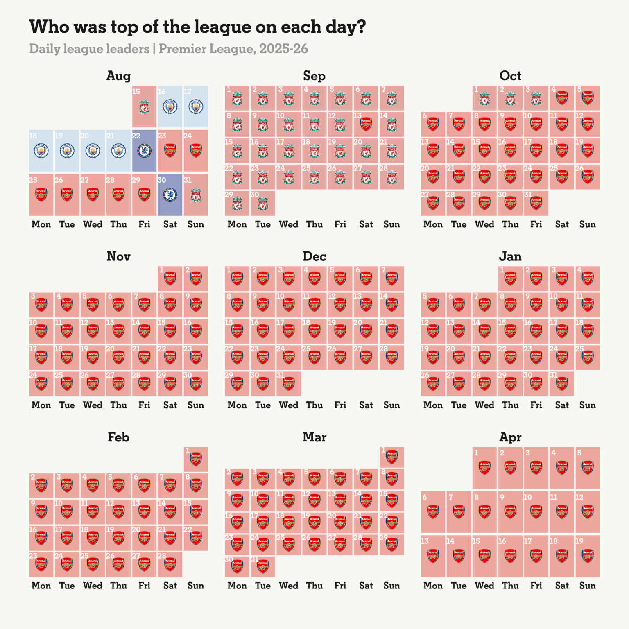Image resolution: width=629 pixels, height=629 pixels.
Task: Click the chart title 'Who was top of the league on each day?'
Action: [197, 27]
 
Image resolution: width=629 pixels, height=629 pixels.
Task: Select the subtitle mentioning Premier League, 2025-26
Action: [168, 49]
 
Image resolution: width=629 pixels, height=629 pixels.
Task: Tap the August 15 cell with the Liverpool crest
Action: [144, 106]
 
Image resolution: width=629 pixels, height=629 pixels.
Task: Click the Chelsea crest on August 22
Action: [144, 151]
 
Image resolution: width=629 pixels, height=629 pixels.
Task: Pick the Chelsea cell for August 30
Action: [170, 195]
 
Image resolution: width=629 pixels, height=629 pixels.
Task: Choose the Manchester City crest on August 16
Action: [170, 107]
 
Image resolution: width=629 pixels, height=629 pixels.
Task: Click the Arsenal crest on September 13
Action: [366, 124]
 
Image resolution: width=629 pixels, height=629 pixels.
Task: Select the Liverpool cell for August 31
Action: [196, 195]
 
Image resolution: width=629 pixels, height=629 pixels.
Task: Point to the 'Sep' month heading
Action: [314, 76]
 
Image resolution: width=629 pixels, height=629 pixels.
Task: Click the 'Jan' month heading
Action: [510, 256]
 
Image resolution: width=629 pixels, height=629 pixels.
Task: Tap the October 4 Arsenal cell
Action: [562, 98]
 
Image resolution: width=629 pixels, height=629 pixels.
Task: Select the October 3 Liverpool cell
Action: [536, 98]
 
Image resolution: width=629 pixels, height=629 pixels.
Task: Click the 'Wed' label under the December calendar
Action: [288, 405]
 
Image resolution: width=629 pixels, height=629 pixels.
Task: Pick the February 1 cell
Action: [196, 459]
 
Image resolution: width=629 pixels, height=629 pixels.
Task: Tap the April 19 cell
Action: [588, 556]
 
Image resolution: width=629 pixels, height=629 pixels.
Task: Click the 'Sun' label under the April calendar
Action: [587, 586]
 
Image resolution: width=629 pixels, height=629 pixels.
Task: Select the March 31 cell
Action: [262, 566]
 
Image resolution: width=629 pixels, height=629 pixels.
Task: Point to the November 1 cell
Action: [170, 278]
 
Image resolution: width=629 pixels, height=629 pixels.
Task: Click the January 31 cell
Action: [562, 384]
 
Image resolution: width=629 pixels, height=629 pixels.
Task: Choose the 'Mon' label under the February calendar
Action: [41, 586]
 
